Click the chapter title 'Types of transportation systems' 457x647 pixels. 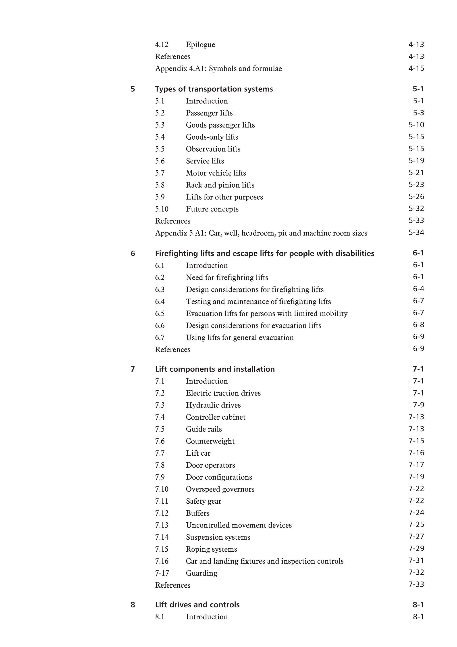pyautogui.click(x=214, y=89)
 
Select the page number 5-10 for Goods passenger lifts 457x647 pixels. pyautogui.click(x=416, y=125)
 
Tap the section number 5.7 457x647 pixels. pyautogui.click(x=160, y=173)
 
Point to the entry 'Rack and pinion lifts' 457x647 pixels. pyautogui.click(x=220, y=185)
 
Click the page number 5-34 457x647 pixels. pyautogui.click(x=416, y=233)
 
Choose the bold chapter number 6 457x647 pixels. pyautogui.click(x=133, y=254)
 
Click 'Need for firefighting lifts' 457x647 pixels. pyautogui.click(x=227, y=278)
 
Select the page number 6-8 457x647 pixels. pyautogui.click(x=418, y=325)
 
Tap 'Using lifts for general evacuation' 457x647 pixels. pyautogui.click(x=240, y=338)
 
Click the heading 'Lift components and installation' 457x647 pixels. pyautogui.click(x=215, y=369)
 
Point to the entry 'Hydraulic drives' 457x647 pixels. pyautogui.click(x=213, y=405)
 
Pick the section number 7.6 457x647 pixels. pyautogui.click(x=160, y=441)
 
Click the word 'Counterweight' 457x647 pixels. pyautogui.click(x=210, y=441)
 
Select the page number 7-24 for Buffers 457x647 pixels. pyautogui.click(x=416, y=513)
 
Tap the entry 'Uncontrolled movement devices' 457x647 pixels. pyautogui.click(x=239, y=525)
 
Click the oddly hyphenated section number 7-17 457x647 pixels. pyautogui.click(x=162, y=573)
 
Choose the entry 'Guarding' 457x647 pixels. pyautogui.click(x=201, y=573)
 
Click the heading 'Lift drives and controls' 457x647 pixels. pyautogui.click(x=197, y=605)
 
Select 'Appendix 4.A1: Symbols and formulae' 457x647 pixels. pyautogui.click(x=218, y=69)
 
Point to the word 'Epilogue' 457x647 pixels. pyautogui.click(x=200, y=44)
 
